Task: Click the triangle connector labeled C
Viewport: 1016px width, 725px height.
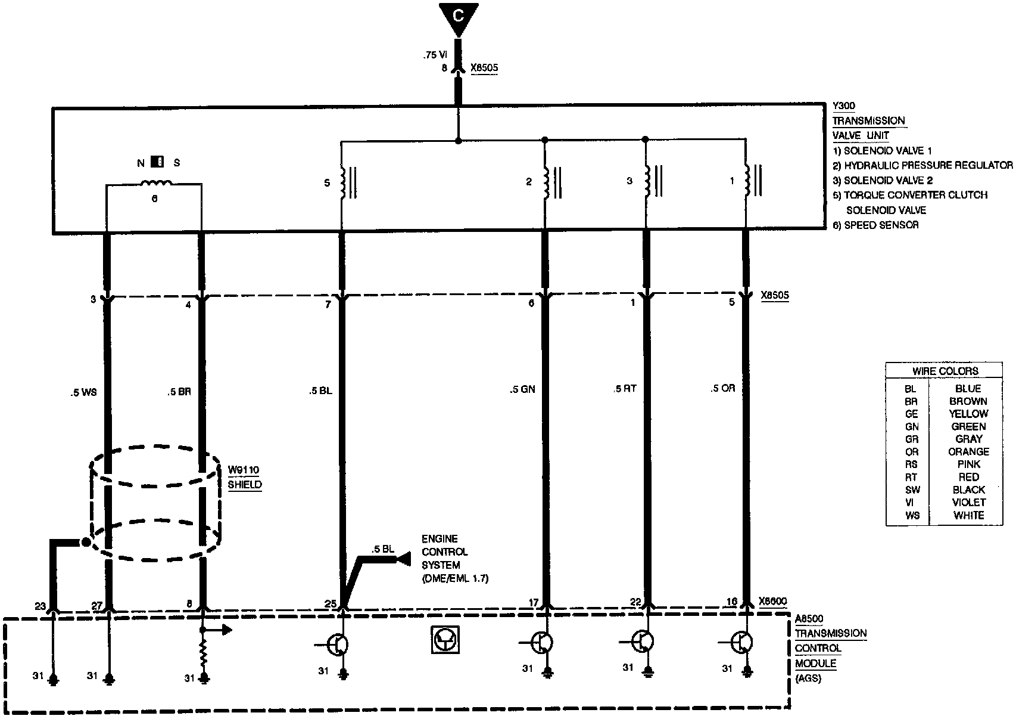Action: [458, 16]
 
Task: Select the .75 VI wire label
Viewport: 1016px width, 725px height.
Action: [435, 55]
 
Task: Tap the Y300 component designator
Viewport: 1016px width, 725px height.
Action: [843, 106]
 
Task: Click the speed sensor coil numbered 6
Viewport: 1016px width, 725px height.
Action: [155, 183]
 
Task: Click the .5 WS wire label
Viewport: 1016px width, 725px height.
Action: [83, 392]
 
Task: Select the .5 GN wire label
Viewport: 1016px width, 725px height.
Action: [522, 389]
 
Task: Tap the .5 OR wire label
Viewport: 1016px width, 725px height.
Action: [722, 388]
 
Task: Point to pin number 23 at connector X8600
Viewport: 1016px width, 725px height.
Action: [40, 606]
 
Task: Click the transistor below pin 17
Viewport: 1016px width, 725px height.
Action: [541, 643]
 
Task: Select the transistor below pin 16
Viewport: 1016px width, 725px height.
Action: [741, 643]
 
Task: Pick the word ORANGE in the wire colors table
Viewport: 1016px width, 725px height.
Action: [968, 452]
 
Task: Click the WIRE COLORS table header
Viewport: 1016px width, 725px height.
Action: [945, 371]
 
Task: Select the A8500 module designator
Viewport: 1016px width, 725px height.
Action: [809, 619]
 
